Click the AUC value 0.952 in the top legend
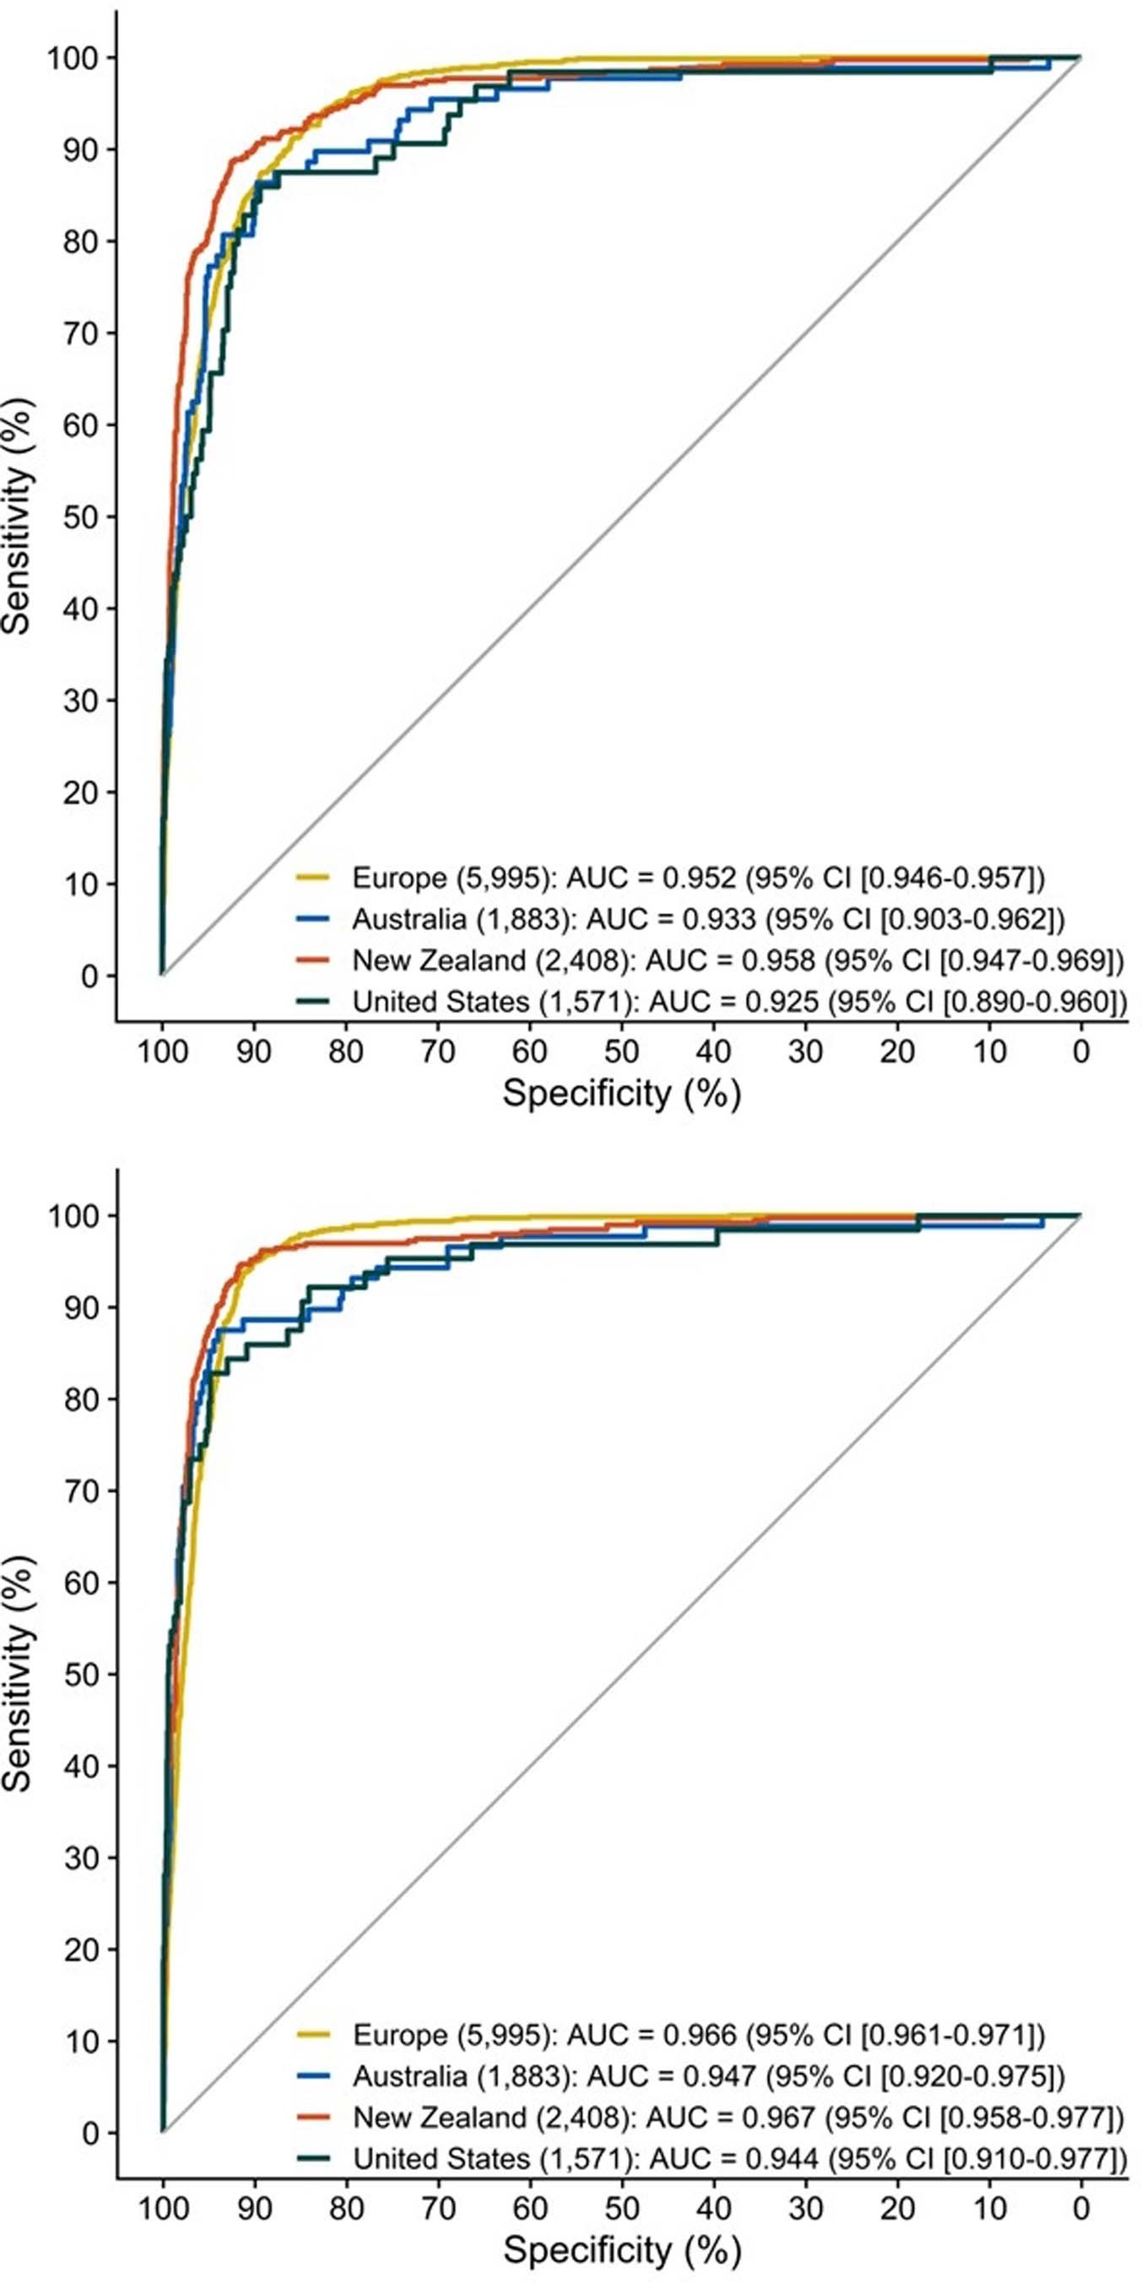[x=700, y=878]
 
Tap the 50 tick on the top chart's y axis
[x=81, y=517]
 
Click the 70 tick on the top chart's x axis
[x=438, y=1052]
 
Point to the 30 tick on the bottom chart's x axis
[x=805, y=2210]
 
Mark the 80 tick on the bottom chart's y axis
[x=81, y=1399]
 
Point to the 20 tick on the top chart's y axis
[x=81, y=793]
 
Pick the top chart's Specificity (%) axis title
[x=621, y=1093]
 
